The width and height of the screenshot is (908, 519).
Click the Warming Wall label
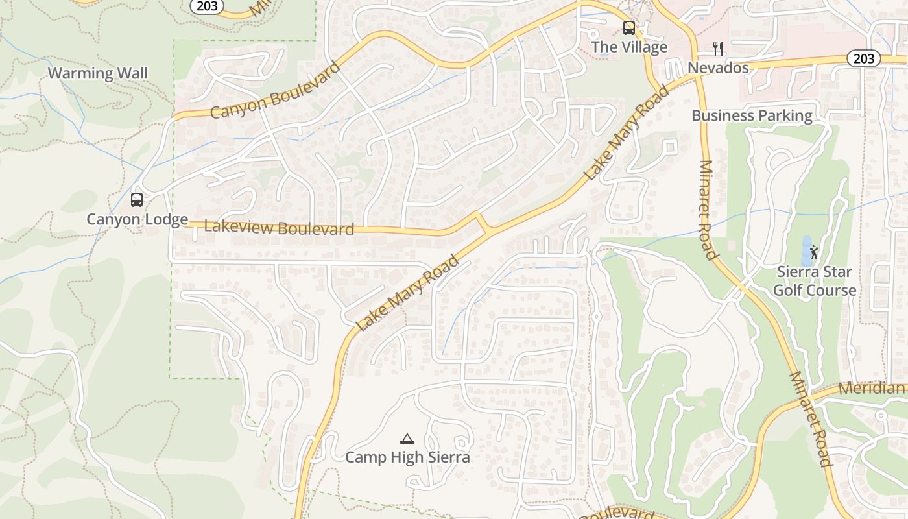coord(98,73)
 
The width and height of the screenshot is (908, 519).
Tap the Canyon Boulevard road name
coord(275,91)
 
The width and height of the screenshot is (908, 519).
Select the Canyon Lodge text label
coord(137,219)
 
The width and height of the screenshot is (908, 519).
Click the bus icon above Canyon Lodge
coord(137,199)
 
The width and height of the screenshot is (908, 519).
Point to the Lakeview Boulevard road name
coord(279,228)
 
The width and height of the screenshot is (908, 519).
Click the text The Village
coord(629,47)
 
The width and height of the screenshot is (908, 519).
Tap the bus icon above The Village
coord(629,28)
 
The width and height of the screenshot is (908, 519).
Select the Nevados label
coord(718,67)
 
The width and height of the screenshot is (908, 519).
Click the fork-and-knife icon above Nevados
coord(718,48)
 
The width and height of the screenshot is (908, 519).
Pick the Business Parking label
coord(752,115)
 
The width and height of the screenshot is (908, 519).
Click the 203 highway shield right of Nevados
coord(864,58)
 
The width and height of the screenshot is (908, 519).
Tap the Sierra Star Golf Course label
coord(815,281)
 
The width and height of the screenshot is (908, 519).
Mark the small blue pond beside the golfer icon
coord(806,250)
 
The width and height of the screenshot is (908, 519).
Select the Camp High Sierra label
coord(407,457)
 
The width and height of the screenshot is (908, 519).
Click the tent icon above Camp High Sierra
coord(407,439)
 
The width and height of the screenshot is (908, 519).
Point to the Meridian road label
coord(872,389)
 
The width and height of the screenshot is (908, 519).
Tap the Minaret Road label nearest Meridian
coord(810,419)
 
